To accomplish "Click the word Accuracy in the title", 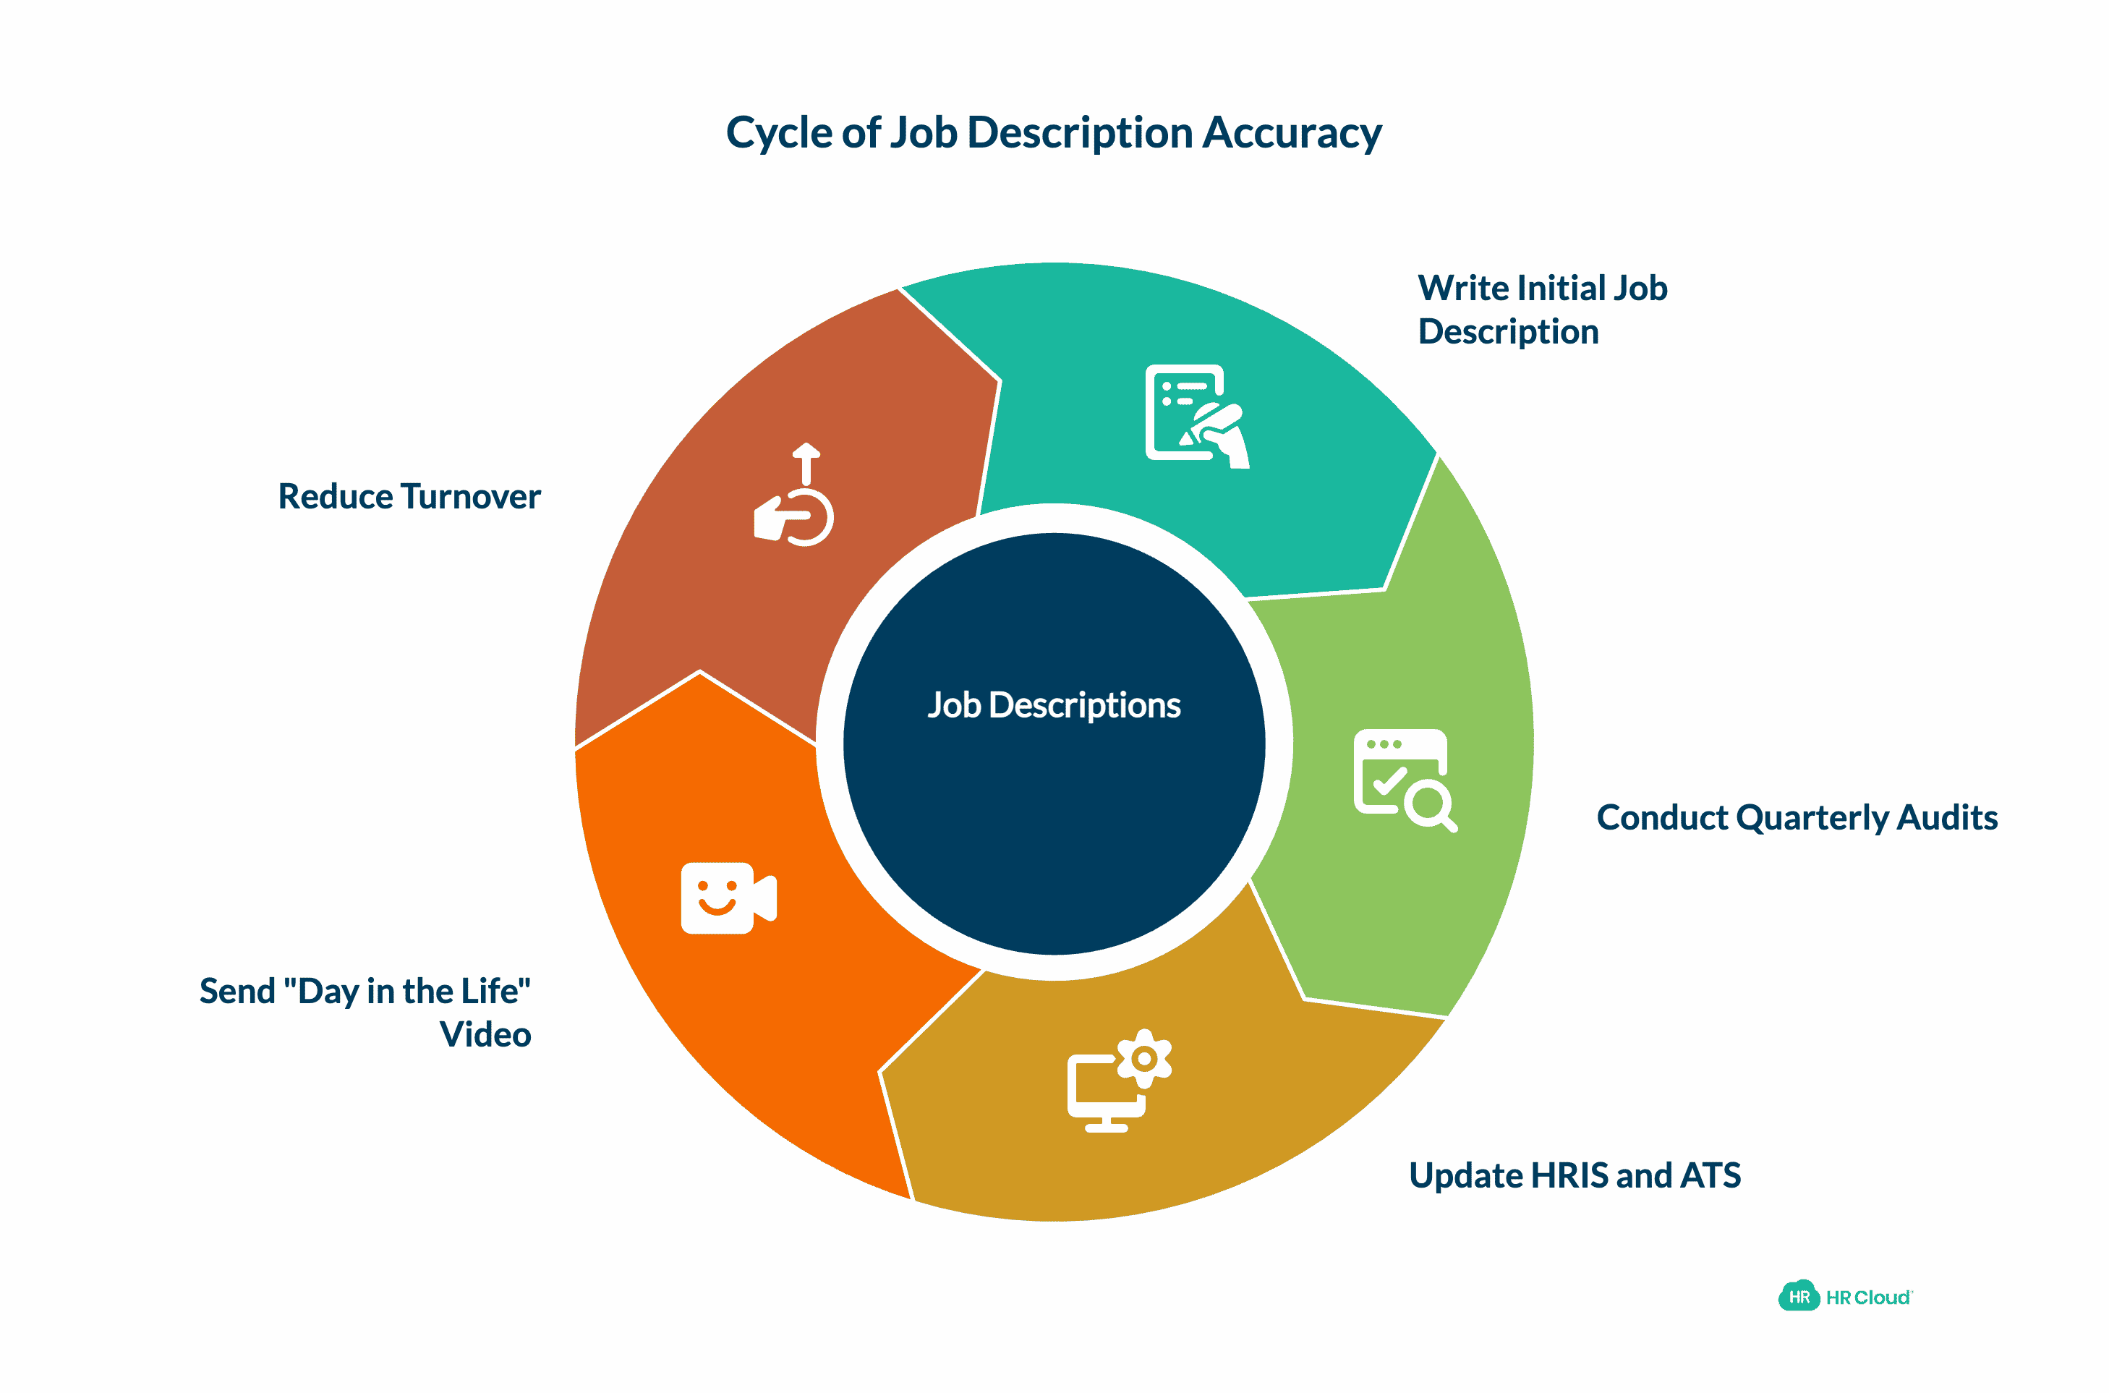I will click(1292, 133).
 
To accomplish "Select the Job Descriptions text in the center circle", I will click(1054, 705).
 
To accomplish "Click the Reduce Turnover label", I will click(409, 497).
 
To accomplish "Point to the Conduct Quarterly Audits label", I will click(1797, 817).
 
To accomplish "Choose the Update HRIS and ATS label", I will click(1575, 1175).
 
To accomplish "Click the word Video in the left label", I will click(485, 1035).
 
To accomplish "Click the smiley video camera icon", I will click(728, 898).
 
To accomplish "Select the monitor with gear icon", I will click(1117, 1081).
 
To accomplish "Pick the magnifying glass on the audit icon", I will click(1431, 805).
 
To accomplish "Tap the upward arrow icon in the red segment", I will click(805, 463).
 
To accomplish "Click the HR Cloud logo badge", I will click(1798, 1297).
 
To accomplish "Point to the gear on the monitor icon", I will click(1144, 1058).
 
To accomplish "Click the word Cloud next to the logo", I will click(1882, 1298).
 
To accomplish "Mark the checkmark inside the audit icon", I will click(1389, 781).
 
